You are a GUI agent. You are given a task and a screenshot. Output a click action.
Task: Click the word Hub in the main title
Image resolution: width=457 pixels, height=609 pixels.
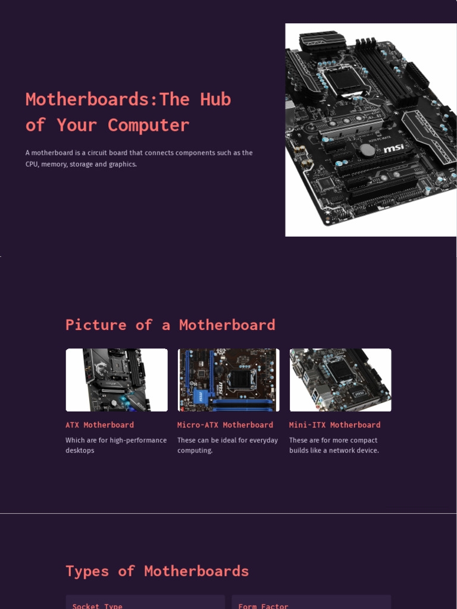coord(215,99)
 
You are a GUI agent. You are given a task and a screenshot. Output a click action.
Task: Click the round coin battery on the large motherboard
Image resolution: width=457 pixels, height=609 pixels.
coord(369,150)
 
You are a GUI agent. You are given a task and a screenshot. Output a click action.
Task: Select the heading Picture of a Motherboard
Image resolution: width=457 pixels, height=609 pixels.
coord(170,325)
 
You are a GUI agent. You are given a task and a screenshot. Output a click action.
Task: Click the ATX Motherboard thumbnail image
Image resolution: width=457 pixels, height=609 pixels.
coord(117,380)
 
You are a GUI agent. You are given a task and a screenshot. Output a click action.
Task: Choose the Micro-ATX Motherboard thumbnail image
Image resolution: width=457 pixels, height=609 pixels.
coord(228,380)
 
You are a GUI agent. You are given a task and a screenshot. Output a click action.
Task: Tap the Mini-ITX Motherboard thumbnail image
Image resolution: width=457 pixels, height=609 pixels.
coord(340,380)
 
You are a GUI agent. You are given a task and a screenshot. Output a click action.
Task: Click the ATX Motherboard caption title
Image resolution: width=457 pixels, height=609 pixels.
coord(99,425)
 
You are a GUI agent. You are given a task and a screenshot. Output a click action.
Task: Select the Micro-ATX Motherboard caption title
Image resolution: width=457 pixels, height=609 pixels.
coord(225,425)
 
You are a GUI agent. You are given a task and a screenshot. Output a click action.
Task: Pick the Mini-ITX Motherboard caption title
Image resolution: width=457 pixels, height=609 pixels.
coord(334,425)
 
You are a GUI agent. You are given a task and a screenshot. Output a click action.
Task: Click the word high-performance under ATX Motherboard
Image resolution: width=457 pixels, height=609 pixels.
coord(138,441)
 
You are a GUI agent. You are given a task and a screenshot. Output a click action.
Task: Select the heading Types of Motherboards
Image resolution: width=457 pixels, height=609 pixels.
coord(157,571)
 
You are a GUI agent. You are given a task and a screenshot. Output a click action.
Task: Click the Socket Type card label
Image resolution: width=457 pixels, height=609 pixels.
coord(98,605)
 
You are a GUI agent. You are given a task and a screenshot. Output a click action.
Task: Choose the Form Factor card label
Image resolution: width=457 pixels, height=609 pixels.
coord(263,605)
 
